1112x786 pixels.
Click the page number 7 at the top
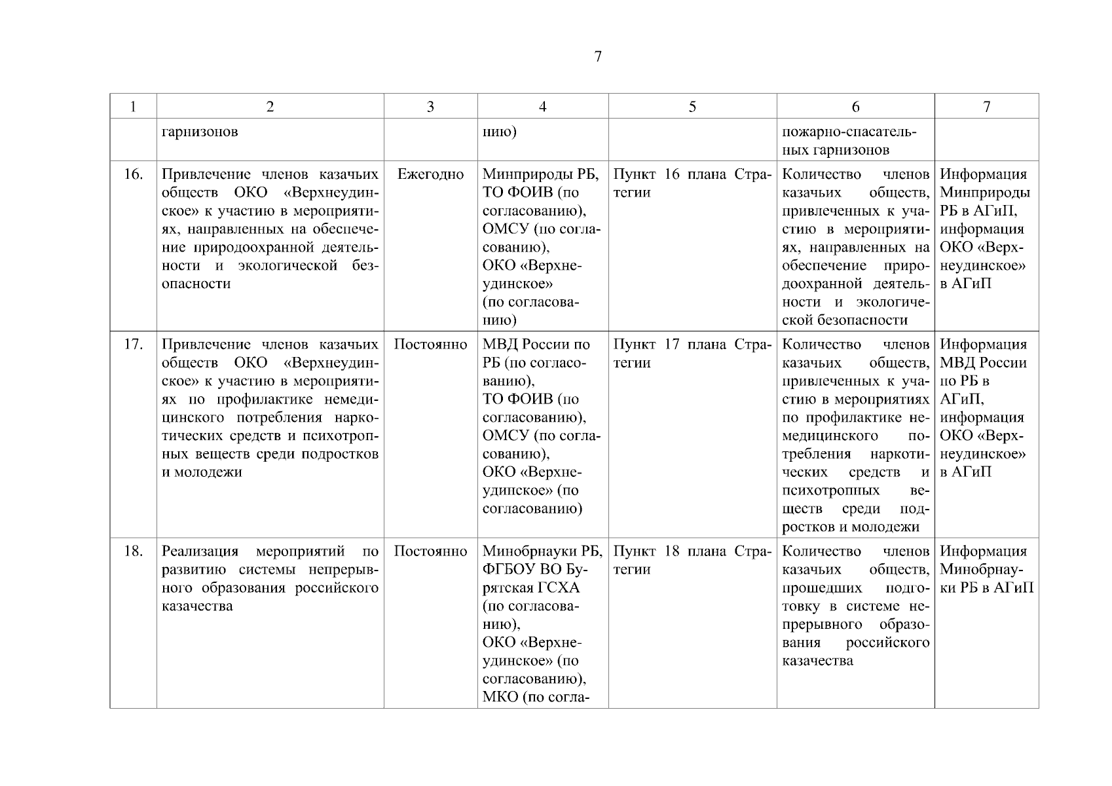point(597,57)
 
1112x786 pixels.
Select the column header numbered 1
point(133,107)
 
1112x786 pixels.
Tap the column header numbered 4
point(542,107)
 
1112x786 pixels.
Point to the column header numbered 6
point(855,107)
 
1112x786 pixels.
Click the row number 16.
point(133,174)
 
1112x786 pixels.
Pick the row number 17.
point(133,345)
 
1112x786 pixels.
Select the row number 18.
point(133,552)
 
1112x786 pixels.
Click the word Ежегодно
point(430,174)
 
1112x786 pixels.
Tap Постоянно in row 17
point(430,345)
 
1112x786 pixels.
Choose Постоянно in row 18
point(430,552)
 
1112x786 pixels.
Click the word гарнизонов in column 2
point(200,132)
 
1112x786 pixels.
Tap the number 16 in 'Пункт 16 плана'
point(672,174)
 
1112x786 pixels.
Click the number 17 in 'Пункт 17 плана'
point(672,345)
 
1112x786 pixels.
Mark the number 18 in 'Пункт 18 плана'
point(672,552)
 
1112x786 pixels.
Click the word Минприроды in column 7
point(984,193)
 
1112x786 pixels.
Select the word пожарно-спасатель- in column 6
point(849,132)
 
